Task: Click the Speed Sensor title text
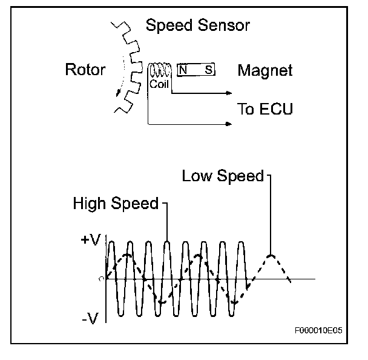tap(198, 27)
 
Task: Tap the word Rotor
tap(85, 70)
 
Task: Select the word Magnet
tap(264, 71)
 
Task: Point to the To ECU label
tap(265, 109)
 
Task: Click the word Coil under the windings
tap(159, 85)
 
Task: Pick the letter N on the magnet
tap(183, 70)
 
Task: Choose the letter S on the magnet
tap(208, 70)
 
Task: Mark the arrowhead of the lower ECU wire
tap(229, 124)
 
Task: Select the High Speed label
tap(116, 204)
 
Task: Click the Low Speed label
tap(223, 176)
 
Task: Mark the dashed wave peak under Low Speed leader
tap(271, 255)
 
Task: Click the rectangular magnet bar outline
tap(195, 70)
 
